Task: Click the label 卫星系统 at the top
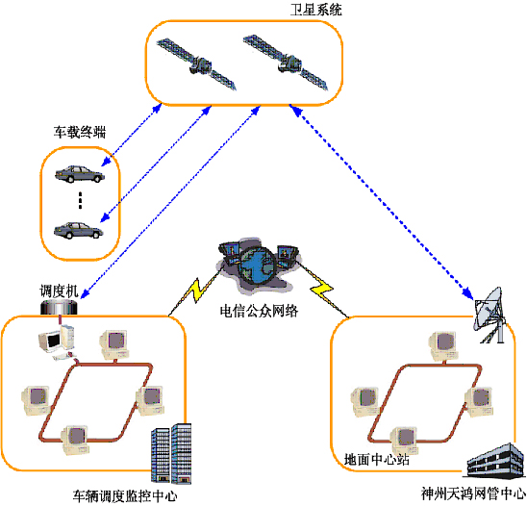point(316,10)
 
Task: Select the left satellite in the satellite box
point(197,64)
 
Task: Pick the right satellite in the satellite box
point(286,63)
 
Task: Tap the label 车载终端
point(80,132)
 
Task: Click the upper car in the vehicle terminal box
point(80,174)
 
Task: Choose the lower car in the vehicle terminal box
point(78,230)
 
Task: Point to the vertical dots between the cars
point(80,200)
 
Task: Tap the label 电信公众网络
point(259,311)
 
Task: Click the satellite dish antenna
point(489,315)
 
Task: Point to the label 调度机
point(59,291)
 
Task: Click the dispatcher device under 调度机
point(59,308)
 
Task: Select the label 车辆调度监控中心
point(125,496)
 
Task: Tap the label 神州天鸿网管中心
point(473,493)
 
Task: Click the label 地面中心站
point(376,459)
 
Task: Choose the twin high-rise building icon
point(171,454)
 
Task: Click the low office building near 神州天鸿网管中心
point(494,460)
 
